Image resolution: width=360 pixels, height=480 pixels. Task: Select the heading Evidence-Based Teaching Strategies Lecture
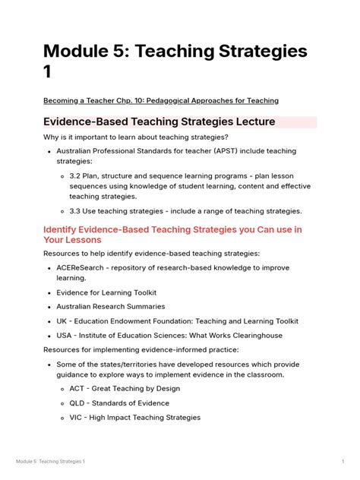click(x=159, y=122)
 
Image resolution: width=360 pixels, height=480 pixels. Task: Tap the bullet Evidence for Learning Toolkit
click(x=110, y=292)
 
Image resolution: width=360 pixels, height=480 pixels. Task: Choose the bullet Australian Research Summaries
click(x=110, y=306)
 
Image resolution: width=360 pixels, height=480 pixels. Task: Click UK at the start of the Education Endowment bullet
click(x=62, y=321)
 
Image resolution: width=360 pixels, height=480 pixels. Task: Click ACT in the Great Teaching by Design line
click(x=77, y=388)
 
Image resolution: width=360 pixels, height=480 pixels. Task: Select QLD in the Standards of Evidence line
click(x=77, y=403)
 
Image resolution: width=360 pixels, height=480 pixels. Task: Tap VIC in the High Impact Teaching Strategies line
click(x=77, y=417)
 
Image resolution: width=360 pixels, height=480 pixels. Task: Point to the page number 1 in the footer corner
click(x=343, y=462)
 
